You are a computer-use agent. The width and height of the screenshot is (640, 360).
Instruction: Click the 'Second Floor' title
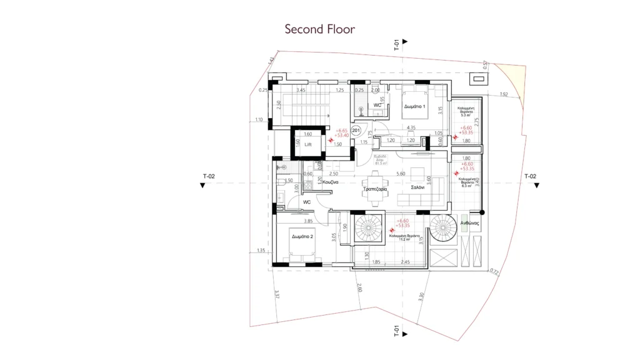pos(319,29)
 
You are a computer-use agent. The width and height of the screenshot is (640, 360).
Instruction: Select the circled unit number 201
pos(356,130)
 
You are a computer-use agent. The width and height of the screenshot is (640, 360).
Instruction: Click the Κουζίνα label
pos(331,182)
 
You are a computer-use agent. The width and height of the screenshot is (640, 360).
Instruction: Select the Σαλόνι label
pos(419,187)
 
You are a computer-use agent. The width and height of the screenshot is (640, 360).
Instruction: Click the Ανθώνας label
pos(469,223)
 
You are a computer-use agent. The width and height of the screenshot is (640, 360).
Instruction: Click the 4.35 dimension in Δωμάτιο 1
pos(411,127)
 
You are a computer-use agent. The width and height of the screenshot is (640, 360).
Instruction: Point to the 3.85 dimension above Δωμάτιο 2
pos(307,221)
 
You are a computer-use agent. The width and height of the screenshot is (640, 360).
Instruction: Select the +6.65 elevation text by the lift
pos(342,130)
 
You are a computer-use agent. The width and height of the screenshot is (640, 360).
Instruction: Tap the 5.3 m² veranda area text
pos(464,115)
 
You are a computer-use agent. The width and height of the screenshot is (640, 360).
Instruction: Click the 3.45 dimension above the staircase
pos(301,91)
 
